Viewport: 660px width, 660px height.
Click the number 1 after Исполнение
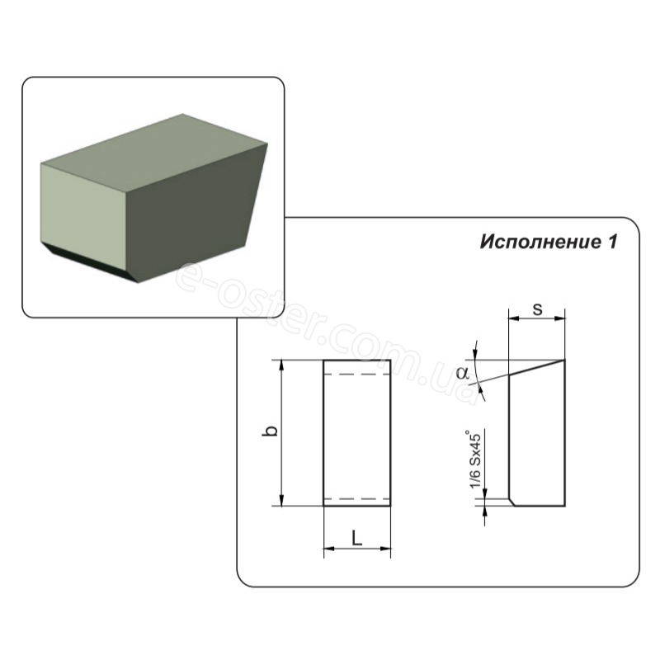coord(611,242)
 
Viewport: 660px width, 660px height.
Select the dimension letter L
coord(357,538)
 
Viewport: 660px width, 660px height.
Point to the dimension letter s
coord(538,309)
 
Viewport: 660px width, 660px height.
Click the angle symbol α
coord(463,373)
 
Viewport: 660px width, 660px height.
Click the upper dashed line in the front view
coord(357,374)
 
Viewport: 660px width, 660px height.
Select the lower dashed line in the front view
coord(357,499)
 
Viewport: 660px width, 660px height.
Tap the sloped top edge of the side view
coord(537,367)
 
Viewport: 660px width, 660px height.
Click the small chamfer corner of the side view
coord(512,502)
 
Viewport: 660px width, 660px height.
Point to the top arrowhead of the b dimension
coord(282,365)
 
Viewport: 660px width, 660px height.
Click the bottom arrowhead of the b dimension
coord(282,501)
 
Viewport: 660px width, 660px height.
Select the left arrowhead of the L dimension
coord(329,549)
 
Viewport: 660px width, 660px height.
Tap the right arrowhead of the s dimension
coord(560,318)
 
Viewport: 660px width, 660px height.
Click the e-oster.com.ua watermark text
coord(323,332)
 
